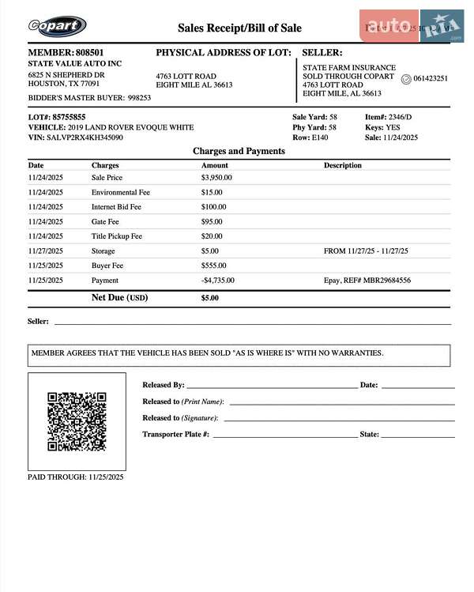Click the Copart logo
point(57,26)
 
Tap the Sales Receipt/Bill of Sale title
point(239,28)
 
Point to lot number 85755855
point(70,117)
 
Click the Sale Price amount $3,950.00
point(216,178)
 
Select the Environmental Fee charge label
point(121,192)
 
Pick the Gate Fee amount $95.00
point(212,221)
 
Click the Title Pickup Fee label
point(117,236)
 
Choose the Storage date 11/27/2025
point(46,251)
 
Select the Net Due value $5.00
point(209,299)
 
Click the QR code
point(77,420)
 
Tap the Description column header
point(343,165)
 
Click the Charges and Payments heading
point(239,151)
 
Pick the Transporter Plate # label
point(175,434)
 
